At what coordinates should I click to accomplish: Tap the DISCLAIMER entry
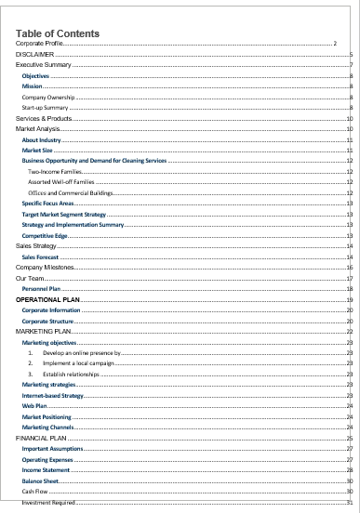34,55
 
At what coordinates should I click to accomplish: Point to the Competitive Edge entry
46,235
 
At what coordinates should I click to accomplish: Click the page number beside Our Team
347,278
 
